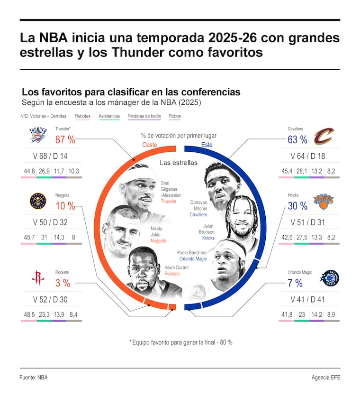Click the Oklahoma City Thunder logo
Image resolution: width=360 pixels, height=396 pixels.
point(38,135)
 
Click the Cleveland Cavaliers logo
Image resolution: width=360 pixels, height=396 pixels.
point(324,136)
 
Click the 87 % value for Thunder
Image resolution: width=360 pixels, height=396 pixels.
point(65,139)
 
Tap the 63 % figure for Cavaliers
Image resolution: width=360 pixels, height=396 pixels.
point(297,139)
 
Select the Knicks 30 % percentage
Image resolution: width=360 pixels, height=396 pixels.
point(297,206)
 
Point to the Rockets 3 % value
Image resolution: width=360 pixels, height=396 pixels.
point(63,283)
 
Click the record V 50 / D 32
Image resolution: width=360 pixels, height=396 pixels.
point(50,222)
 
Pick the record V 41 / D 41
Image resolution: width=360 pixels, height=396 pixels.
point(308,300)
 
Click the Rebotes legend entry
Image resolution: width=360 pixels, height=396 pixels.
point(82,116)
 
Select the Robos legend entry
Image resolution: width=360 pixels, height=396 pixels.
point(175,116)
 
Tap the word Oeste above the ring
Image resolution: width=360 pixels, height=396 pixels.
point(150,145)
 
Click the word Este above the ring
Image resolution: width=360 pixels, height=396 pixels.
point(207,145)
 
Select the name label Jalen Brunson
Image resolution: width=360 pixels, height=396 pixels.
point(206,229)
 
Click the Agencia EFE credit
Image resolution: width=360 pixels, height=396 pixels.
point(326,378)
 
